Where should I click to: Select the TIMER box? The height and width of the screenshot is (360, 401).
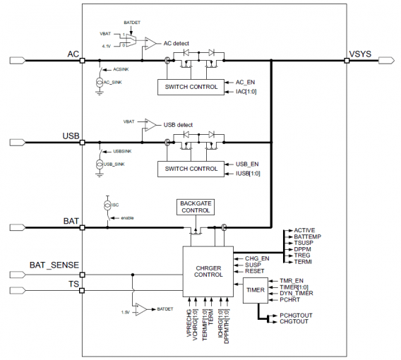pyautogui.click(x=254, y=289)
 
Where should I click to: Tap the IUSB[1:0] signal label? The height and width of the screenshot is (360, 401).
pyautogui.click(x=248, y=173)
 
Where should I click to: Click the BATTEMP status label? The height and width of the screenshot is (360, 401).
pyautogui.click(x=308, y=236)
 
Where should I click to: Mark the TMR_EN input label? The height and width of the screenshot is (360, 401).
pyautogui.click(x=291, y=280)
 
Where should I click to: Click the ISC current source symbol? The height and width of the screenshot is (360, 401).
pyautogui.click(x=108, y=205)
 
